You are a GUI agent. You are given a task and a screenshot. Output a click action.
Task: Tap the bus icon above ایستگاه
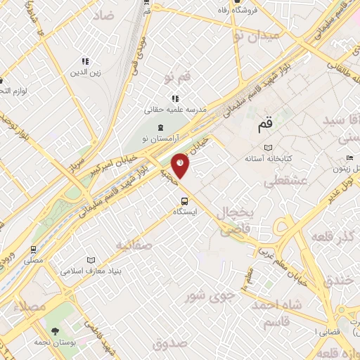click(184, 200)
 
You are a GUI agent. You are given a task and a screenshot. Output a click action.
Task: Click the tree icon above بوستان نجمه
click(54, 330)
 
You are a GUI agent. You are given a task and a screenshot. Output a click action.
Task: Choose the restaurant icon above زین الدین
click(86, 61)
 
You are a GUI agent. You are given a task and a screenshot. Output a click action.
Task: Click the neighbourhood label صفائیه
click(134, 245)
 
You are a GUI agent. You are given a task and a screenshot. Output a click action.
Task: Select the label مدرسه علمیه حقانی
click(174, 110)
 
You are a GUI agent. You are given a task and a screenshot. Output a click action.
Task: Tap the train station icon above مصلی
click(33, 249)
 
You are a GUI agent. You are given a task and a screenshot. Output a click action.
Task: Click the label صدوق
click(169, 344)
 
